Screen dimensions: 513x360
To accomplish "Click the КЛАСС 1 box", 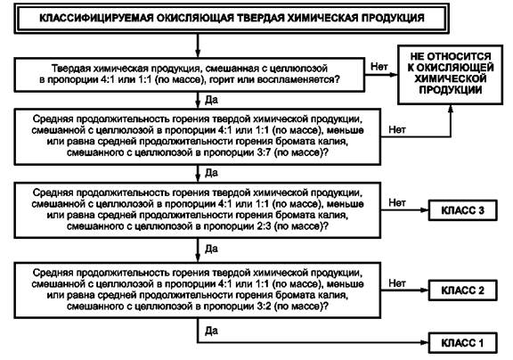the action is tap(462, 343).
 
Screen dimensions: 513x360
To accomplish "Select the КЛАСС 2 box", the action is tap(462, 290).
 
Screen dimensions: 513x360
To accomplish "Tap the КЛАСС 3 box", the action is tap(462, 210).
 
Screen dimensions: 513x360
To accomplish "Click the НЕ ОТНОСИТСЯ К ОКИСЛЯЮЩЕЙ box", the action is tap(450, 75).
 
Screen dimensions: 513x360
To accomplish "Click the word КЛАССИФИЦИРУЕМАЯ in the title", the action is tap(96, 18).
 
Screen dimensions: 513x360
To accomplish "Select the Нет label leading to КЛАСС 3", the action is tap(397, 202).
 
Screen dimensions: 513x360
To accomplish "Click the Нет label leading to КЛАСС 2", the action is tap(397, 283).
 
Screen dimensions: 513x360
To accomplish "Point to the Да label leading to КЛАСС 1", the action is tap(211, 331).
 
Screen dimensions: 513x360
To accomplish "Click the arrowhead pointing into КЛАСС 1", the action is tap(424, 343).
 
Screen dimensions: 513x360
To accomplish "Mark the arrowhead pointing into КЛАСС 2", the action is tap(424, 290).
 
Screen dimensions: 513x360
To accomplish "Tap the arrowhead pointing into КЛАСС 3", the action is tap(424, 209).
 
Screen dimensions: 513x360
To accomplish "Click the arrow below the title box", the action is tap(198, 45).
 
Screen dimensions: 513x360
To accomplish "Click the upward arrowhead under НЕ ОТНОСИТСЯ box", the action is tap(451, 109).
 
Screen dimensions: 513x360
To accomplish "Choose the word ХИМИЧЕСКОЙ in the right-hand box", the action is tap(450, 79).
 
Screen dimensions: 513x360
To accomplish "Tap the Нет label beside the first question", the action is tap(379, 67).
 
